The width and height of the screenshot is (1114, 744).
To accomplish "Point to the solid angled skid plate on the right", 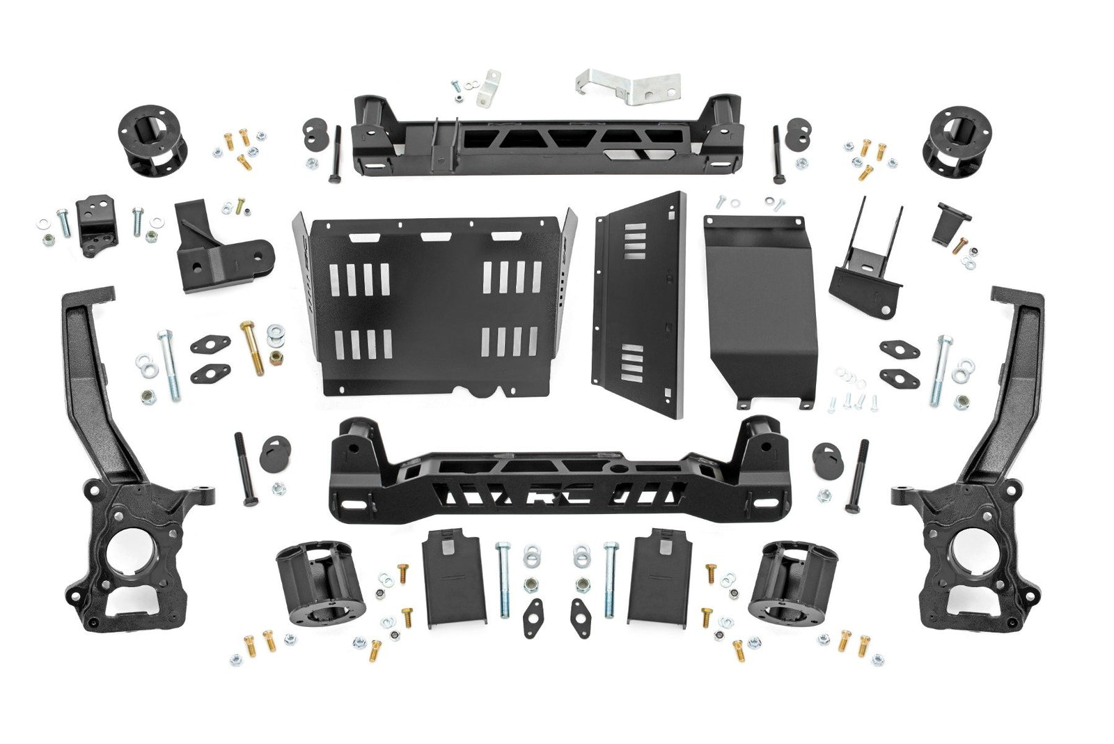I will click(x=759, y=307).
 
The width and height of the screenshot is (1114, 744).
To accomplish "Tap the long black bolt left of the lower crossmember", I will click(x=246, y=469).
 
